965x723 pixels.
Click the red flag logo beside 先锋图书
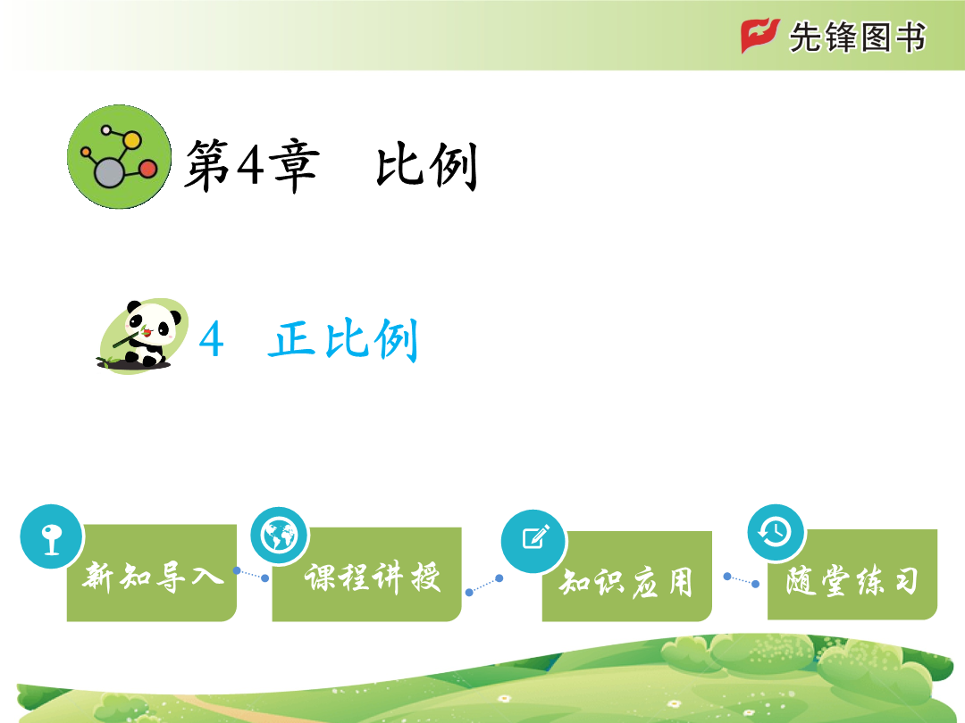pos(759,36)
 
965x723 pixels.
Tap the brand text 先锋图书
pos(857,37)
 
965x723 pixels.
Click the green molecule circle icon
pos(119,157)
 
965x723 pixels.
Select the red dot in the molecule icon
pos(147,169)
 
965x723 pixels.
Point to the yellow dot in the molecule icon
pos(131,140)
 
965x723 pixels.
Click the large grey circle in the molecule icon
pos(109,172)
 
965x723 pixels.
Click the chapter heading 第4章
pos(252,165)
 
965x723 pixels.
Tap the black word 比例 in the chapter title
pos(426,165)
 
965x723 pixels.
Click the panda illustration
pos(142,336)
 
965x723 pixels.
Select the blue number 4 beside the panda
pos(211,339)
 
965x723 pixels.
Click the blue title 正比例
pos(343,339)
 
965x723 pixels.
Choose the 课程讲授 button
pos(367,574)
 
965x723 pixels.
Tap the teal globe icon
pos(279,536)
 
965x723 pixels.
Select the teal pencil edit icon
pos(533,541)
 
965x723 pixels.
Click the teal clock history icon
pos(776,532)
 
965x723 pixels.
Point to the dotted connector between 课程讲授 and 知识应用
pos(484,585)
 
